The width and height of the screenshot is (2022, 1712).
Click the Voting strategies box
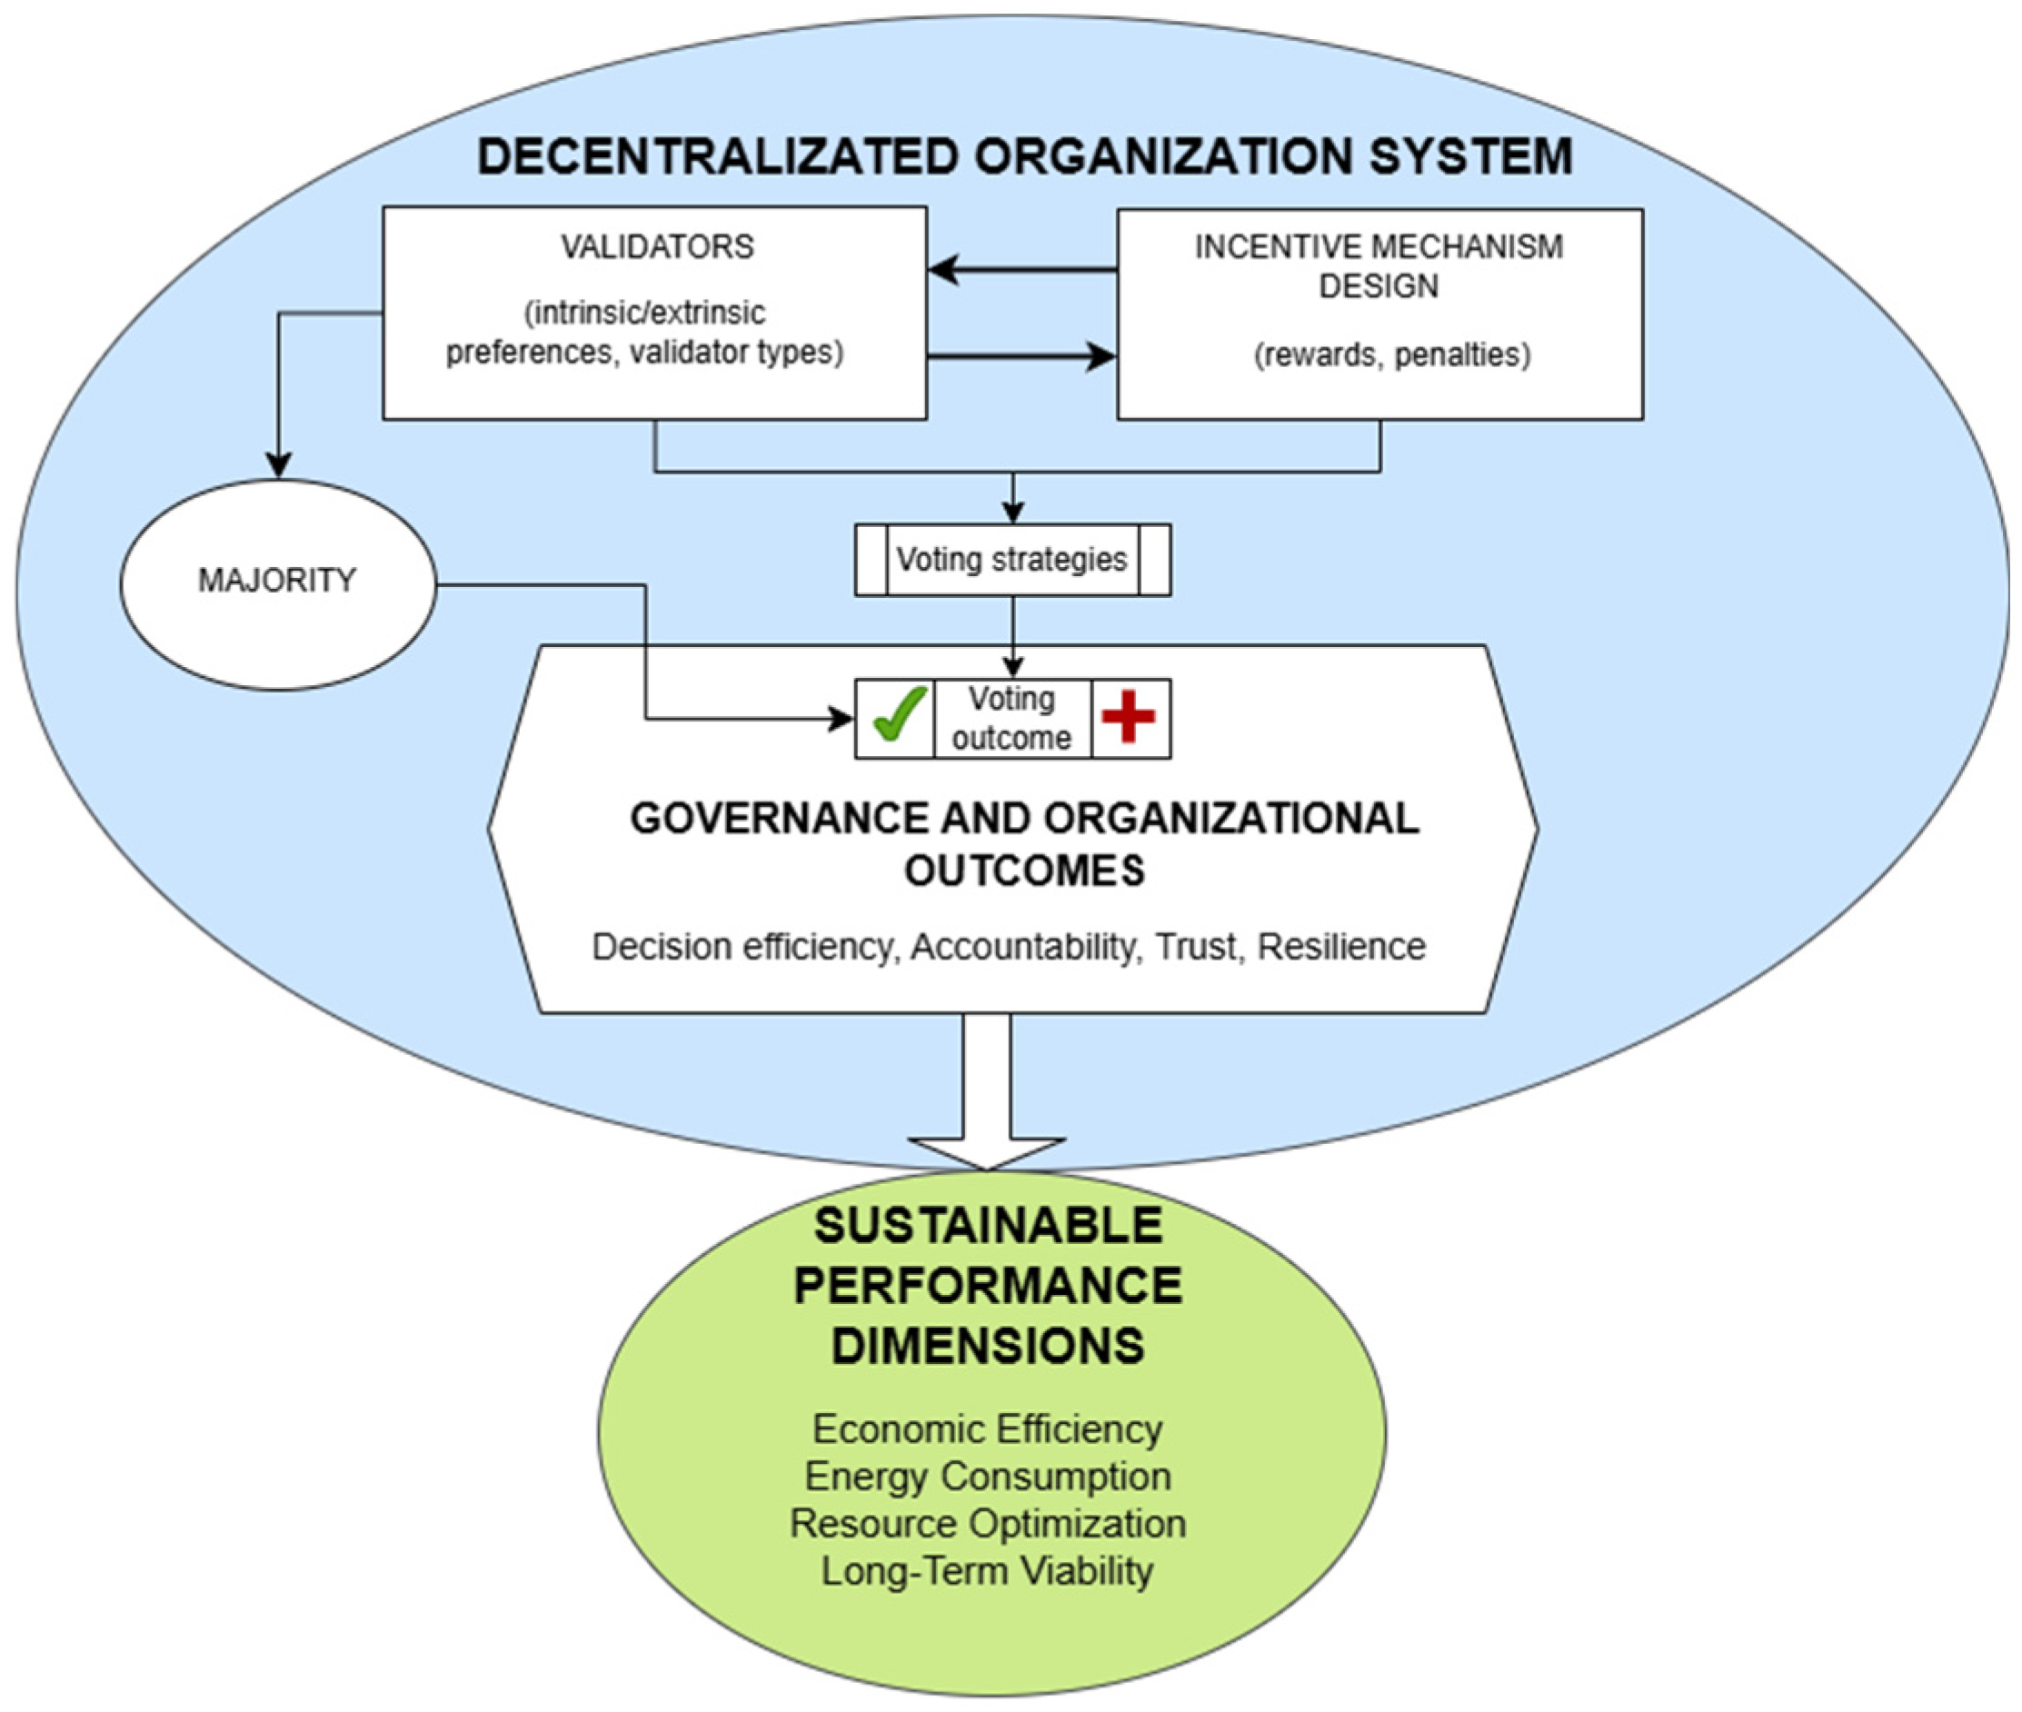(x=1011, y=560)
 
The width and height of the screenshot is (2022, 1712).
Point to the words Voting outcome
(x=1011, y=718)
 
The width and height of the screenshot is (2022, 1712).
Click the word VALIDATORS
(x=656, y=246)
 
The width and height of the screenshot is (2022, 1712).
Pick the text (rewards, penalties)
(x=1391, y=355)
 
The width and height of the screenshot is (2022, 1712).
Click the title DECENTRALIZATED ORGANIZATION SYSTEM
(x=1024, y=157)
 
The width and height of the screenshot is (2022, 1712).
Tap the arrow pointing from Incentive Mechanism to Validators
(x=1020, y=269)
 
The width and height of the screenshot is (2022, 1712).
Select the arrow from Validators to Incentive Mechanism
(x=1020, y=356)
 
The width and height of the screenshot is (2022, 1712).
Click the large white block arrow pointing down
(x=986, y=1097)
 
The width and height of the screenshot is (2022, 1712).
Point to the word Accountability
(x=1023, y=946)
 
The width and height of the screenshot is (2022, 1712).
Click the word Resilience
(x=1341, y=946)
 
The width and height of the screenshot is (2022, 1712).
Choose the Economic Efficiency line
(x=987, y=1429)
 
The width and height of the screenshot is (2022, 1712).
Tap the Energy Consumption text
(x=987, y=1476)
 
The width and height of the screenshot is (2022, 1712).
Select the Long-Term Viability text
(x=987, y=1571)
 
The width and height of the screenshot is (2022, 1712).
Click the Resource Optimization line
(x=987, y=1524)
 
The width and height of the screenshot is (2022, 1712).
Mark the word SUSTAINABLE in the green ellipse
(x=988, y=1226)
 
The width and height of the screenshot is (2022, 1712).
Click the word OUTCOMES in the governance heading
(x=1024, y=871)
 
